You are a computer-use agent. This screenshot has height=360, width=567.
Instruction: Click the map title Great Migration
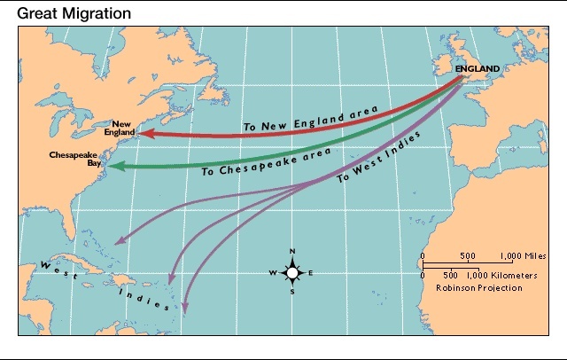tap(75, 13)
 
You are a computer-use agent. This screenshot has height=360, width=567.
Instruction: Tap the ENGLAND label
tap(478, 68)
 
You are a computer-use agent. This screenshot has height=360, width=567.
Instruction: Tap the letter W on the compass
tap(272, 273)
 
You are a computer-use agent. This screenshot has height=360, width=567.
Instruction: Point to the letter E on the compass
tap(312, 273)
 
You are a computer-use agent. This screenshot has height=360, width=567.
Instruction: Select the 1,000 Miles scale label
tap(518, 255)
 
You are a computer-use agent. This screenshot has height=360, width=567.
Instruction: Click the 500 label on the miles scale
tap(469, 255)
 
